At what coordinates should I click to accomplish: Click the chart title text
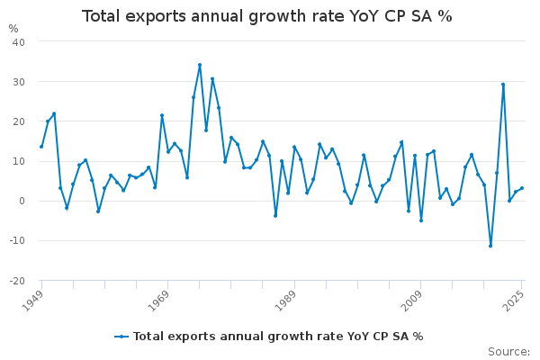tap(267, 16)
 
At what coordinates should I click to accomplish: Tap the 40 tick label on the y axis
tap(19, 42)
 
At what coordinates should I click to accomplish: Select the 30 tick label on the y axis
tap(19, 82)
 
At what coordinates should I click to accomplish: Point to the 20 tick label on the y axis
tap(19, 121)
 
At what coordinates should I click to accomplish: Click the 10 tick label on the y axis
tap(19, 161)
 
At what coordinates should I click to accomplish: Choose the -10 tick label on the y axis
tap(17, 241)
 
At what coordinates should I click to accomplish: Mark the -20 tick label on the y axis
tap(17, 281)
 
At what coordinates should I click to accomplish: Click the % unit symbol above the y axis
tap(13, 29)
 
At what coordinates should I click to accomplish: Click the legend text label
tap(278, 337)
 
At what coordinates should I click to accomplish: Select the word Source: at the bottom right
tap(508, 352)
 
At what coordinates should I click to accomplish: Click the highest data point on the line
tap(200, 65)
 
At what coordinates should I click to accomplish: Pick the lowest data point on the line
tap(490, 246)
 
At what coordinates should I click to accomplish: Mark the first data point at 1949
tap(41, 147)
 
